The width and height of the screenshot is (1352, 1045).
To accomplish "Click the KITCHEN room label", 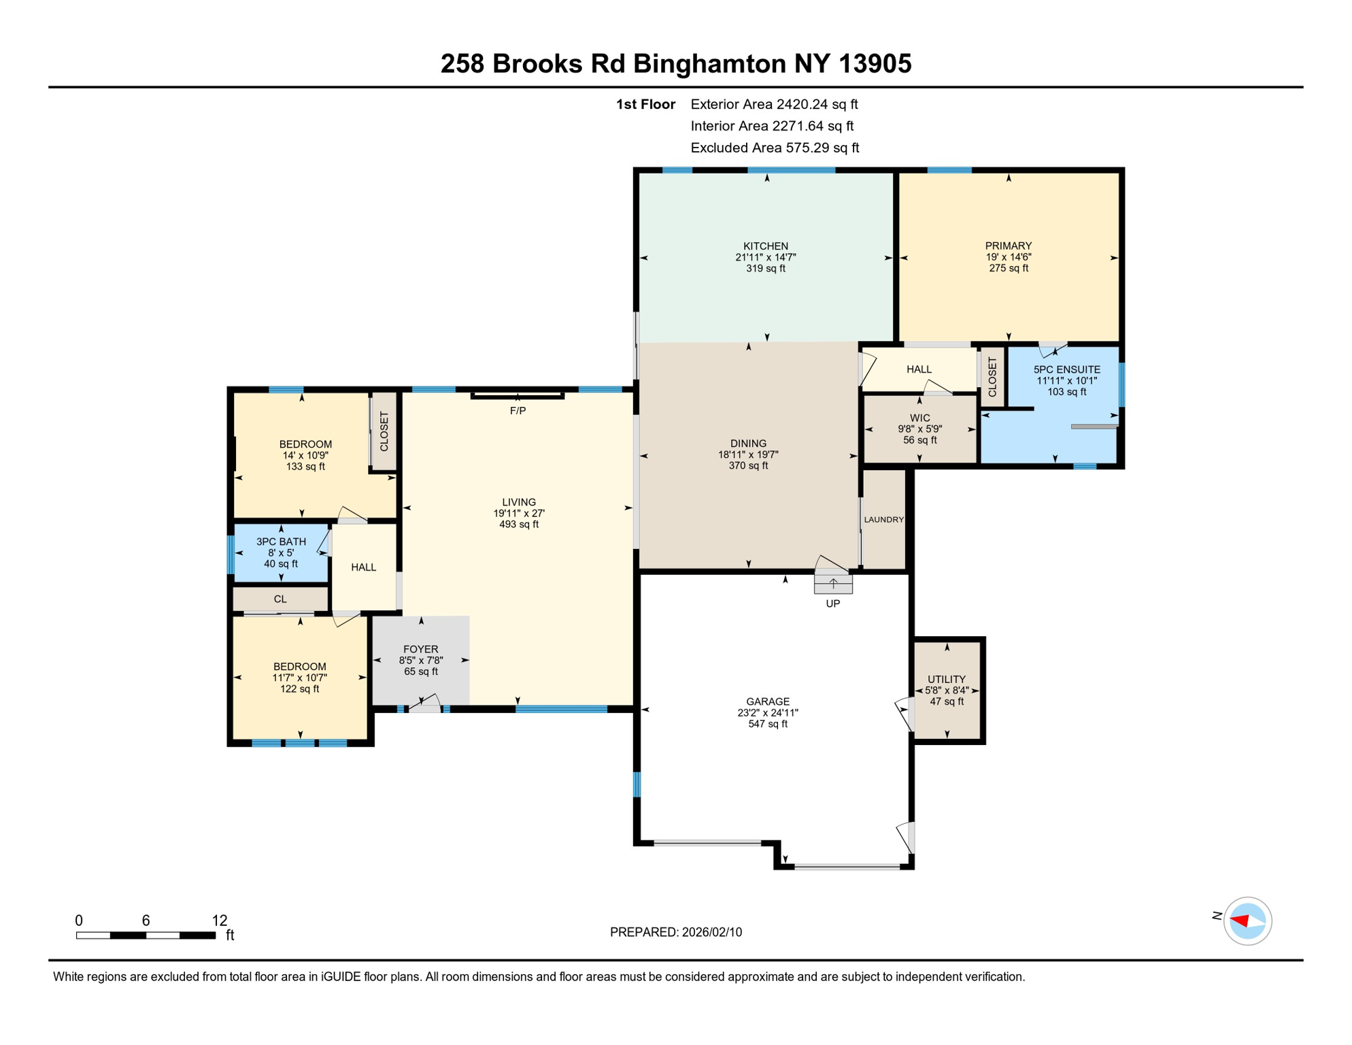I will pos(765,246).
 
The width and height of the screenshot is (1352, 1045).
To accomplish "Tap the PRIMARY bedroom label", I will pos(1008,246).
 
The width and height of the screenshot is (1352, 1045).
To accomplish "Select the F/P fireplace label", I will pos(518,411).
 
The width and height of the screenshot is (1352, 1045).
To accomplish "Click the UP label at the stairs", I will pos(832,603).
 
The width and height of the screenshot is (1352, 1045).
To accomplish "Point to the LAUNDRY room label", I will pos(883,520).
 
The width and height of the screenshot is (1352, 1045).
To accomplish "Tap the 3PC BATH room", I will pos(281,552).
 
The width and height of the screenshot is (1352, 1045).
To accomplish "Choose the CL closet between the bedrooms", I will pos(280,599).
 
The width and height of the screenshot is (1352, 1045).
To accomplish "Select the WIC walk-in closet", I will pos(919,429).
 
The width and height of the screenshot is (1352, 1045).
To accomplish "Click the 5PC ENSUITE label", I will pos(1066,369).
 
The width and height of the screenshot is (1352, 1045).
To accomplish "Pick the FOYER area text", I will pos(420,649).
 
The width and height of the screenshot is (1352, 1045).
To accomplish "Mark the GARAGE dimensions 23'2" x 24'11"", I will pos(767,713).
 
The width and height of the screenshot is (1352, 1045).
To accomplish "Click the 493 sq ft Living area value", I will pos(518,525).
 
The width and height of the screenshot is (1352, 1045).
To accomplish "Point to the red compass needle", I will pos(1240,921).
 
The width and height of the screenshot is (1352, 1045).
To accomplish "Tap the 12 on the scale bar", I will pos(219,920).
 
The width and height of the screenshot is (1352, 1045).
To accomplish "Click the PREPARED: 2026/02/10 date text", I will pos(675,932).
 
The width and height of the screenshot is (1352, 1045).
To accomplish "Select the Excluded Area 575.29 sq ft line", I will pos(774,148).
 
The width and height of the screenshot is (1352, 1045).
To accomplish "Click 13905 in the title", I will pos(875,64).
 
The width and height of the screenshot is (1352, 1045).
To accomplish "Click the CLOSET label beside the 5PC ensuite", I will pos(992,378).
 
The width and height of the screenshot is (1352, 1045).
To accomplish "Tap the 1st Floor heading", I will pos(645,105).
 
